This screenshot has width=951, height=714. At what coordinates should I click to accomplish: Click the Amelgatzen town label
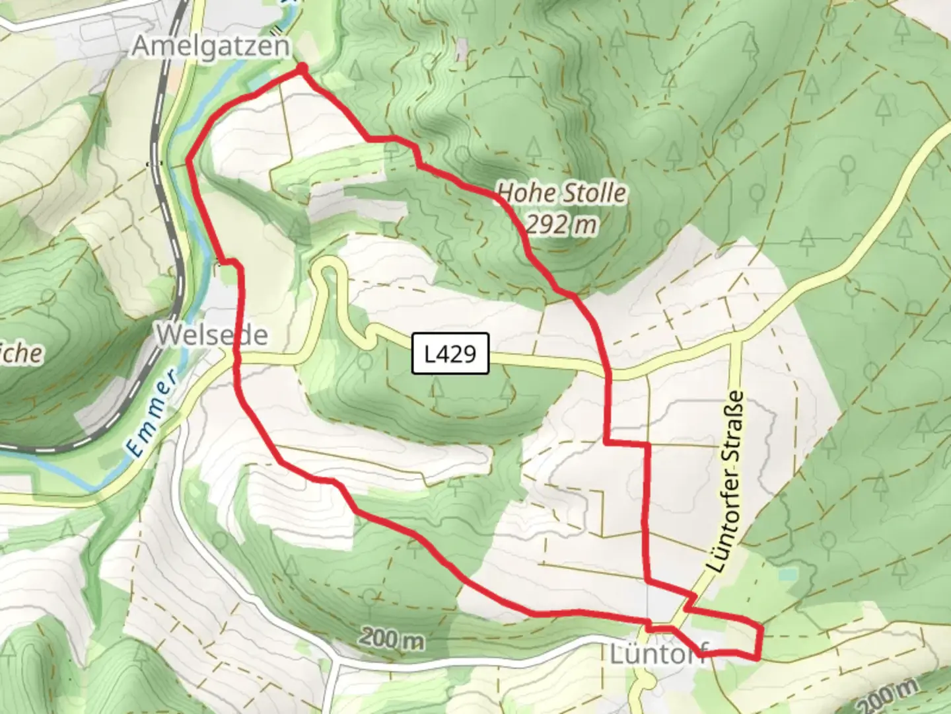pyautogui.click(x=211, y=47)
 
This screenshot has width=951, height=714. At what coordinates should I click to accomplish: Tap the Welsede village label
pyautogui.click(x=212, y=335)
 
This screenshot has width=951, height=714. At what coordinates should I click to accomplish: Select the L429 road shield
pyautogui.click(x=450, y=354)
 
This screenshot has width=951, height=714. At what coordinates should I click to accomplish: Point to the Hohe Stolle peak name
pyautogui.click(x=561, y=193)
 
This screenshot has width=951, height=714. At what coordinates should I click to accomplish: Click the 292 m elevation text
pyautogui.click(x=561, y=225)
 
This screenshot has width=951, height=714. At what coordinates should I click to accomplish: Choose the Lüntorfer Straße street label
pyautogui.click(x=724, y=483)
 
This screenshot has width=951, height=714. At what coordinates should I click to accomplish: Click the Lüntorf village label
pyautogui.click(x=657, y=654)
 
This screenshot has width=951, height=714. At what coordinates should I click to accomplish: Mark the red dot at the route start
pyautogui.click(x=302, y=69)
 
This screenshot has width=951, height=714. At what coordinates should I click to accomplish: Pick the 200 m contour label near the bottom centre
pyautogui.click(x=392, y=639)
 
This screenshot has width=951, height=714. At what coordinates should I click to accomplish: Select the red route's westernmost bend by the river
pyautogui.click(x=190, y=160)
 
